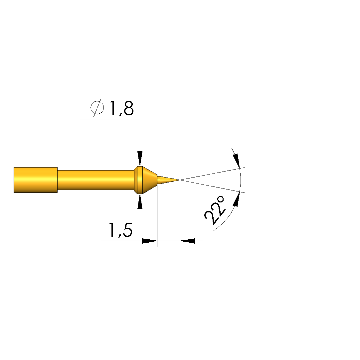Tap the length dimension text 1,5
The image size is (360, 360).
(x=120, y=230)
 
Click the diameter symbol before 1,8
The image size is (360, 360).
(x=97, y=107)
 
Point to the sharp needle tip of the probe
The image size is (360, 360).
(x=180, y=180)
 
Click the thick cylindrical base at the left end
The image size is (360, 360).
(x=36, y=180)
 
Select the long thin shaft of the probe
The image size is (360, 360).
(x=96, y=180)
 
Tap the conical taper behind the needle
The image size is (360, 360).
(x=150, y=180)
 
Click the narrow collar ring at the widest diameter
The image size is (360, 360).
(x=138, y=180)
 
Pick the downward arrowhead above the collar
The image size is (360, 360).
(x=140, y=159)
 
